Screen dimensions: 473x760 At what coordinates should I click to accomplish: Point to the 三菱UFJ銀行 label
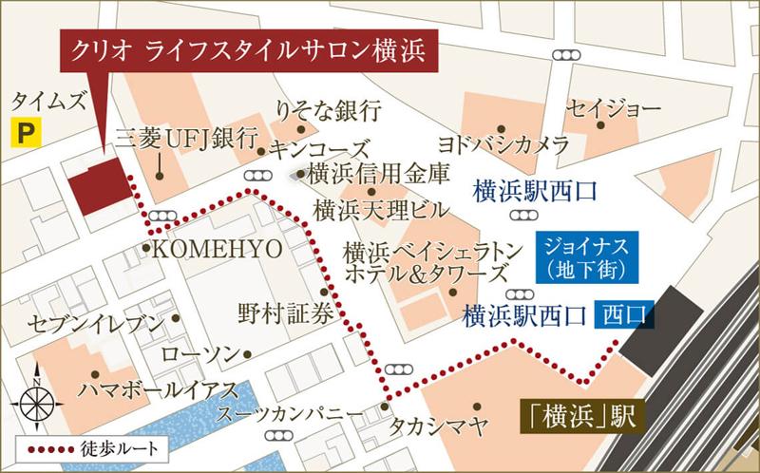click(186, 138)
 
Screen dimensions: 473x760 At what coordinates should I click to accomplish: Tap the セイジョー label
click(613, 109)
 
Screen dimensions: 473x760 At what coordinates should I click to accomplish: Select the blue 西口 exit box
click(623, 312)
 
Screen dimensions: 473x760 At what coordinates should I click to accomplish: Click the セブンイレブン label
click(96, 323)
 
